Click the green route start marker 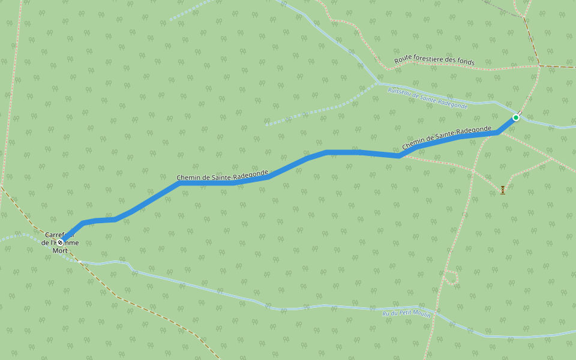515,118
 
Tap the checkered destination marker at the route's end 61,242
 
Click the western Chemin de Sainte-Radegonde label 222,176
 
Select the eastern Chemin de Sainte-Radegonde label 446,137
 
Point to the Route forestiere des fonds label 434,61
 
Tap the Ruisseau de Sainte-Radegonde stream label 427,98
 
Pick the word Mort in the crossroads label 60,250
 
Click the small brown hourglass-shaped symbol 503,190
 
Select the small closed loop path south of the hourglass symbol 450,277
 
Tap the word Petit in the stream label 403,315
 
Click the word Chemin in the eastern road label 413,144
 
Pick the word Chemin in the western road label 188,178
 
